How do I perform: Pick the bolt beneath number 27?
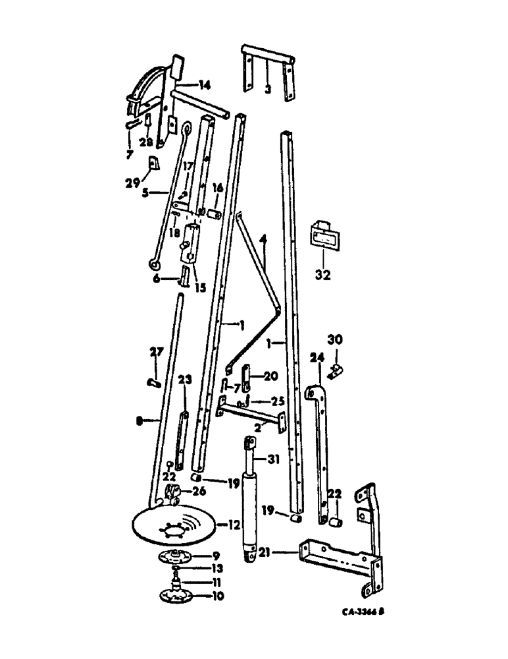point(153,380)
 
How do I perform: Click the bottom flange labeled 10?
point(176,596)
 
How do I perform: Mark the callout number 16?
point(217,189)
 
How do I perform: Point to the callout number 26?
point(197,490)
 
